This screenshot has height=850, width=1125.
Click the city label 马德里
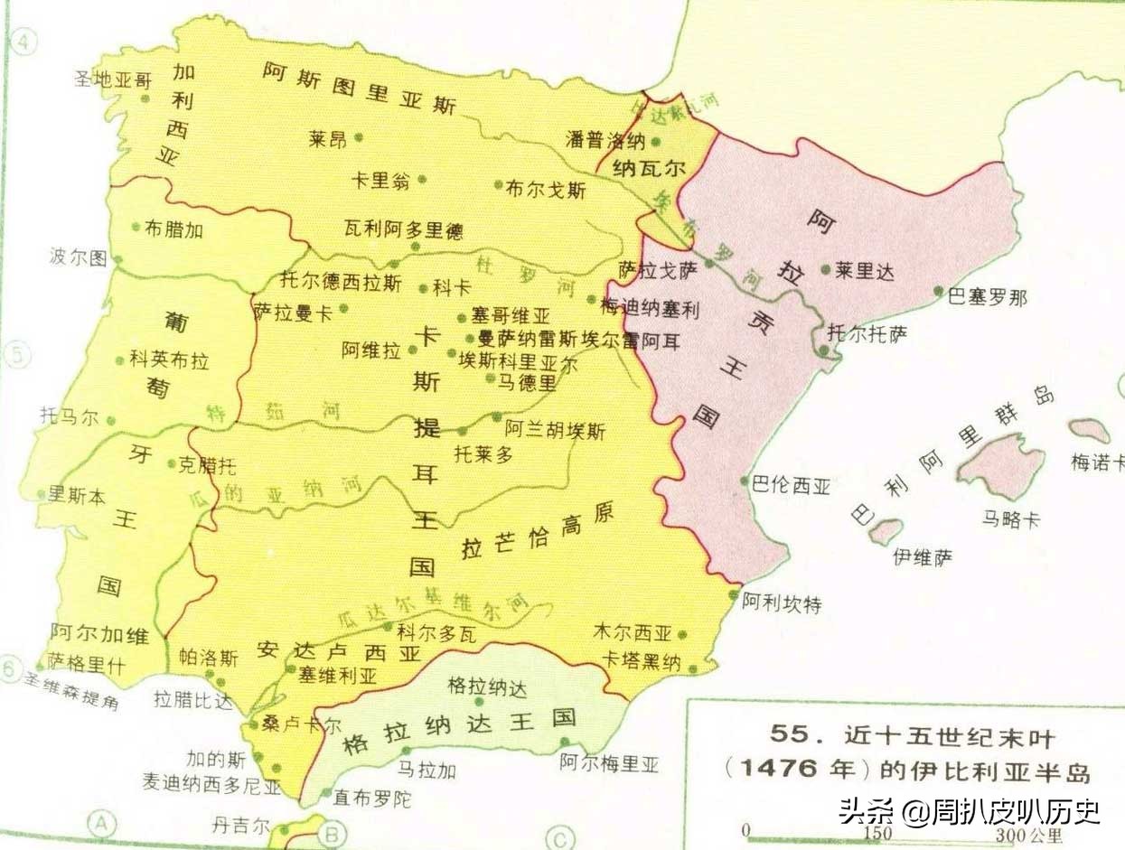pyautogui.click(x=527, y=383)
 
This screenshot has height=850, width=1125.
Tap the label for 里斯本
pyautogui.click(x=77, y=494)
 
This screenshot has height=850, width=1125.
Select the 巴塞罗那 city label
pyautogui.click(x=987, y=298)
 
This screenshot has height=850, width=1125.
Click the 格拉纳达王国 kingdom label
pyautogui.click(x=459, y=733)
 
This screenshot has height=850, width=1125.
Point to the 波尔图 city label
pyautogui.click(x=78, y=258)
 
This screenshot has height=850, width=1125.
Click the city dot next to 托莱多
pyautogui.click(x=463, y=431)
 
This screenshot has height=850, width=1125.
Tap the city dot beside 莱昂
pyautogui.click(x=359, y=137)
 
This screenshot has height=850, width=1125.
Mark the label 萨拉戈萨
pyautogui.click(x=658, y=268)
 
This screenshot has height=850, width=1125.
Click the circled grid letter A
pyautogui.click(x=102, y=823)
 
